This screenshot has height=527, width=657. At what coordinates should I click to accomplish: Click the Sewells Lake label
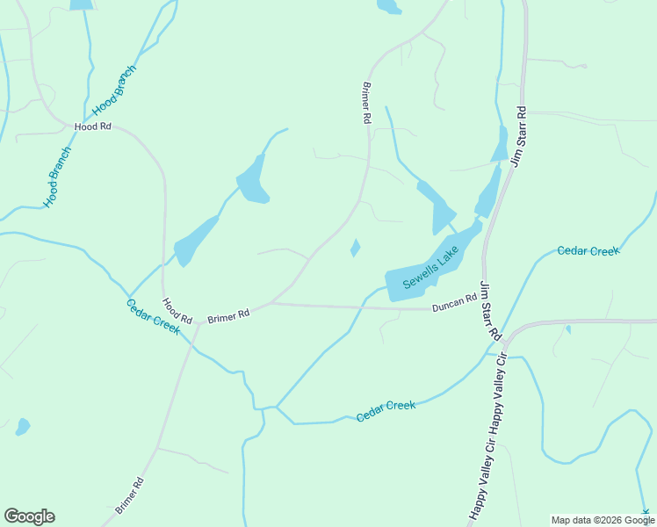pyautogui.click(x=430, y=268)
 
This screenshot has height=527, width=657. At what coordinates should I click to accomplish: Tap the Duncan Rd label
pyautogui.click(x=454, y=303)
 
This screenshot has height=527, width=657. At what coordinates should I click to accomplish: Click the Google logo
pyautogui.click(x=29, y=516)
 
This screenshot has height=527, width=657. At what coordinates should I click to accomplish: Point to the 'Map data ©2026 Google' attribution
pyautogui.click(x=603, y=520)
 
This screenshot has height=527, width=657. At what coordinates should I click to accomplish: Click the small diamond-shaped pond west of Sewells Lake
pyautogui.click(x=355, y=249)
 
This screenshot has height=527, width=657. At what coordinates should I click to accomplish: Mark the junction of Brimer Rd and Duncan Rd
pyautogui.click(x=271, y=304)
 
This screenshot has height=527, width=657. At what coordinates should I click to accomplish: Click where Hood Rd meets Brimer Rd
pyautogui.click(x=198, y=324)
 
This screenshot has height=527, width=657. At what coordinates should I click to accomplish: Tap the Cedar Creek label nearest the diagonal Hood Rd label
pyautogui.click(x=153, y=316)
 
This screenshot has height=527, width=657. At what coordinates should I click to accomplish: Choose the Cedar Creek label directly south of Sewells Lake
pyautogui.click(x=386, y=410)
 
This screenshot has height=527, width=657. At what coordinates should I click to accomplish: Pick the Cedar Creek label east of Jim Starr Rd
pyautogui.click(x=588, y=251)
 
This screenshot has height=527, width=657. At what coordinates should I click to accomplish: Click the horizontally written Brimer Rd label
pyautogui.click(x=228, y=314)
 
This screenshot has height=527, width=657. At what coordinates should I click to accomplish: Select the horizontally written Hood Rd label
pyautogui.click(x=93, y=126)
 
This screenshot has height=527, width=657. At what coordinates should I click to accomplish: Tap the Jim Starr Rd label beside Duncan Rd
pyautogui.click(x=489, y=312)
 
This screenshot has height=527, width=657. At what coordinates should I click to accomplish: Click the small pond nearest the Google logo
pyautogui.click(x=22, y=428)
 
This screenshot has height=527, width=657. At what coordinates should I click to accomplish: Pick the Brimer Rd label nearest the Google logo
pyautogui.click(x=128, y=496)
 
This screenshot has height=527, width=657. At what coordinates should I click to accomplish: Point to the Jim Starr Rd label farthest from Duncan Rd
pyautogui.click(x=518, y=137)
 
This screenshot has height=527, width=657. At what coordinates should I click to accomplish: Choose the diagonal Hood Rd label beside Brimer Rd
pyautogui.click(x=177, y=311)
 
